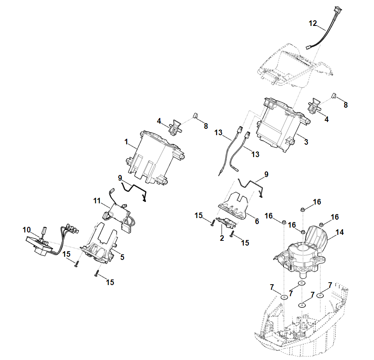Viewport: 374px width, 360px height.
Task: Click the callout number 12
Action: (313, 24)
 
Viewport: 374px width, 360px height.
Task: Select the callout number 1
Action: (126, 142)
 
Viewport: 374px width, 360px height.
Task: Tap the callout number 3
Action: (306, 142)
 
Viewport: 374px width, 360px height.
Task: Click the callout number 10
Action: (27, 230)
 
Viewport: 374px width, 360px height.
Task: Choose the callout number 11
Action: (97, 201)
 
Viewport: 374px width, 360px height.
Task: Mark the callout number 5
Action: (122, 257)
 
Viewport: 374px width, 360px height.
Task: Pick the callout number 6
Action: (256, 220)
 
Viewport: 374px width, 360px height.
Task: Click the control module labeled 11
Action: (119, 211)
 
